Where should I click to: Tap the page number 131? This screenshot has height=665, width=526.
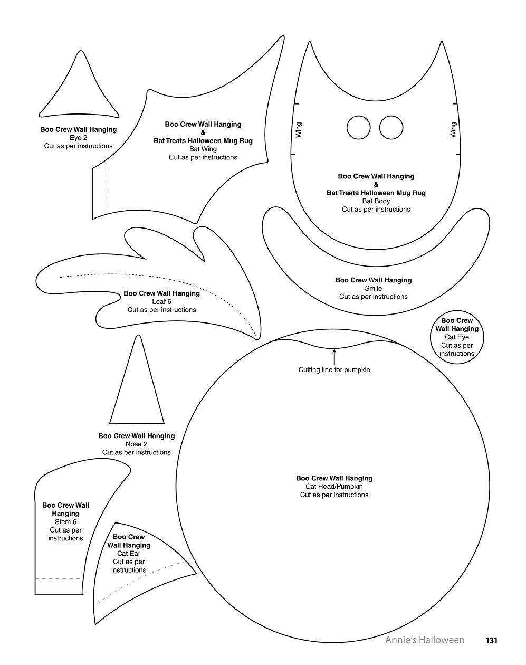(x=491, y=640)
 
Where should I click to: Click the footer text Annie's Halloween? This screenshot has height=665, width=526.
(x=425, y=640)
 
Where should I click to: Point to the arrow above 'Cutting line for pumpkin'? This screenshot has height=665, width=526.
(x=334, y=356)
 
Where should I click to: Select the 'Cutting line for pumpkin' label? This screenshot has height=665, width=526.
(x=334, y=370)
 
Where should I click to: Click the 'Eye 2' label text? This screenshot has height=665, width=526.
(x=79, y=138)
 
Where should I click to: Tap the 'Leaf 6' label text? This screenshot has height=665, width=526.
(x=161, y=301)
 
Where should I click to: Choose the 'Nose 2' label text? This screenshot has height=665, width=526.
(x=137, y=444)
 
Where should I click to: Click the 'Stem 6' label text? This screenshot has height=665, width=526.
(x=65, y=522)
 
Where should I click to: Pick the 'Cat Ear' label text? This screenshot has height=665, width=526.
(x=129, y=554)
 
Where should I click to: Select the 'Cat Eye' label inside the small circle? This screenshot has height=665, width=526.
(x=457, y=337)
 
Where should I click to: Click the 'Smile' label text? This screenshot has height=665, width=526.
(x=374, y=288)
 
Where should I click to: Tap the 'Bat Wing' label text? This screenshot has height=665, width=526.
(x=203, y=149)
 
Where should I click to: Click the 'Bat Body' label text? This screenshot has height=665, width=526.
(x=376, y=201)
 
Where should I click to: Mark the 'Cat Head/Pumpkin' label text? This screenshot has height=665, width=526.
(x=334, y=487)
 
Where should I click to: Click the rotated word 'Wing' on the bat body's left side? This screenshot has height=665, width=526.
(x=299, y=130)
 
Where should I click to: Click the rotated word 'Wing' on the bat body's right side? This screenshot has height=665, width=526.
(x=453, y=130)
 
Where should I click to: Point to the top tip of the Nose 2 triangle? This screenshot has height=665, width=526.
(x=138, y=335)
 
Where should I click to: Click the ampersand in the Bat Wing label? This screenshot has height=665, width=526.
(x=203, y=132)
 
